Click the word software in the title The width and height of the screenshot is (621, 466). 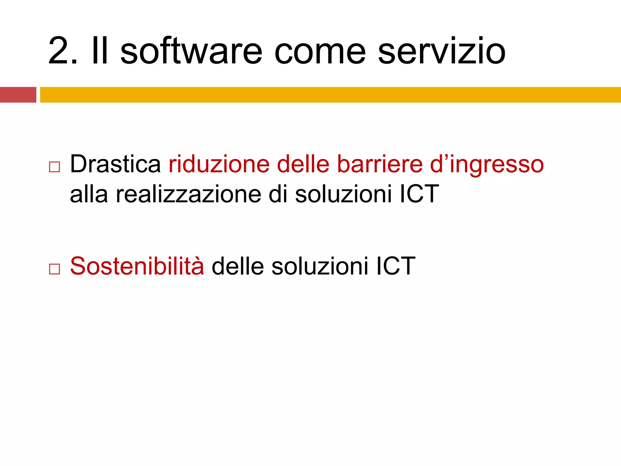click(x=191, y=51)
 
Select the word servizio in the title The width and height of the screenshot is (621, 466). click(x=441, y=51)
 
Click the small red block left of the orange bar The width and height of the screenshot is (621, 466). click(x=18, y=95)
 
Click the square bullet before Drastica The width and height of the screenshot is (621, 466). click(x=54, y=167)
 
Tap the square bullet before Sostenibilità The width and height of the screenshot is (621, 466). click(x=54, y=269)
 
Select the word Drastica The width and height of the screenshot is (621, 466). click(x=115, y=164)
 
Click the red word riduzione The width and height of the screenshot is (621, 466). click(x=219, y=164)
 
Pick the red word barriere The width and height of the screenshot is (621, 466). click(x=380, y=164)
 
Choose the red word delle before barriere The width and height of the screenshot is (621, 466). click(x=303, y=164)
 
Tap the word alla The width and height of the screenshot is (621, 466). click(x=89, y=194)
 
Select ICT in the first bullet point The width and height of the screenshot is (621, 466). click(x=419, y=194)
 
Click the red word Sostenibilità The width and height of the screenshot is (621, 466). click(x=137, y=266)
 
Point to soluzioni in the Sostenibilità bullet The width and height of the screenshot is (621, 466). click(x=320, y=266)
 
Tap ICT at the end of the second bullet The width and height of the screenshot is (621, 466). click(x=396, y=266)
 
